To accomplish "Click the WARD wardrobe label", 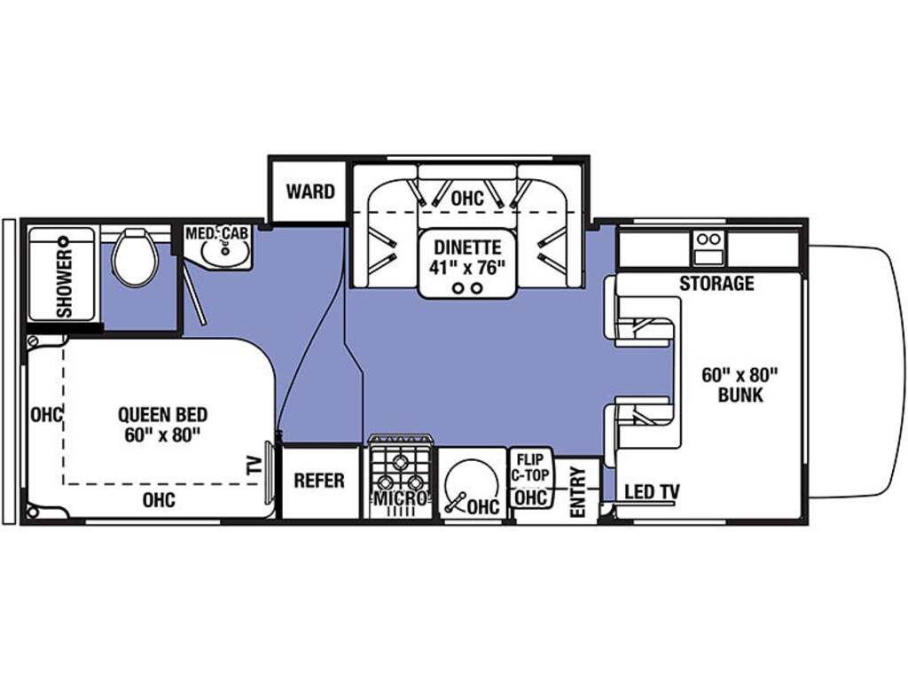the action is pyautogui.click(x=310, y=192).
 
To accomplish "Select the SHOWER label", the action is pyautogui.click(x=64, y=283).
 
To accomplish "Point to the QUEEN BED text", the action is pyautogui.click(x=163, y=415).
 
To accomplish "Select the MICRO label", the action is pyautogui.click(x=401, y=498).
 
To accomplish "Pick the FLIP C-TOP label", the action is pyautogui.click(x=531, y=467).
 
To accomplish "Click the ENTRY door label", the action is pyautogui.click(x=578, y=491).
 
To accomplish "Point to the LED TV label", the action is pyautogui.click(x=652, y=491).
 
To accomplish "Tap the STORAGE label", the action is pyautogui.click(x=716, y=283).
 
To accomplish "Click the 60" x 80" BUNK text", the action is pyautogui.click(x=740, y=385).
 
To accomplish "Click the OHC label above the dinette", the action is pyautogui.click(x=467, y=198).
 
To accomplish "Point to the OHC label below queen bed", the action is pyautogui.click(x=160, y=500).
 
